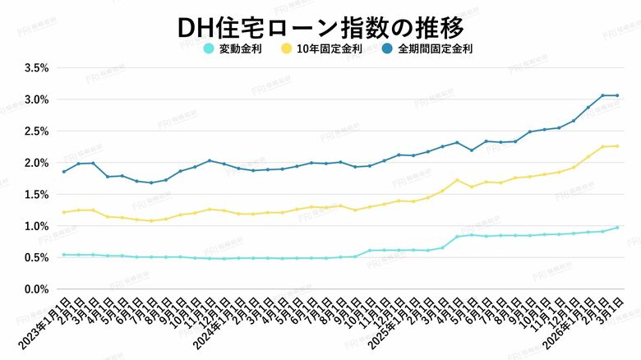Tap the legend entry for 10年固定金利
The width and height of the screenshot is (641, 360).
(322, 48)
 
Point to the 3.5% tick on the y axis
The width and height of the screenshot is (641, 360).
(37, 68)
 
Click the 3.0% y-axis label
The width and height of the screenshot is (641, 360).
(37, 99)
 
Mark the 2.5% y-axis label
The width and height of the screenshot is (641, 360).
(37, 132)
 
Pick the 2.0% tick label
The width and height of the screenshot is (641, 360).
(37, 163)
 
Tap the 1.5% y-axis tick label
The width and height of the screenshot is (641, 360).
(37, 195)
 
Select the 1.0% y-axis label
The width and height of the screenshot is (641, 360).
(37, 226)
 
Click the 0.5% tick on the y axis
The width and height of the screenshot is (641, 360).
(37, 258)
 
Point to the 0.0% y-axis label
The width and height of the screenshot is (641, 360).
(37, 289)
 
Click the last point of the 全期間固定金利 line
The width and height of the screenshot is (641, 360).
(617, 95)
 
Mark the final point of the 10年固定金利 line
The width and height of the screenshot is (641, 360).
(617, 146)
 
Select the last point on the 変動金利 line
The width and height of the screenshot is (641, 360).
(617, 228)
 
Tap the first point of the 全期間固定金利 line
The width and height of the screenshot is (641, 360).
(64, 172)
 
